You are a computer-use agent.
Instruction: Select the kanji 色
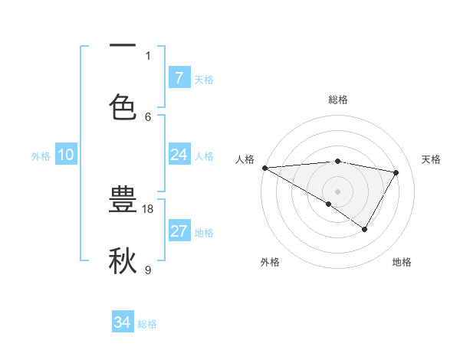(123, 106)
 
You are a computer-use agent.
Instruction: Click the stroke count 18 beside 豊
(149, 208)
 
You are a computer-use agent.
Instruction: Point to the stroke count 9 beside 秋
(148, 270)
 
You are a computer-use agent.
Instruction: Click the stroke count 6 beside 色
(148, 116)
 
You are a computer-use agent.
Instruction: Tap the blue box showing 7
(179, 77)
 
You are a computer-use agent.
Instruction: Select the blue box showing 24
(179, 155)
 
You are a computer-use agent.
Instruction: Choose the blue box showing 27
(179, 231)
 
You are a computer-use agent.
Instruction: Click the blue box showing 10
(66, 155)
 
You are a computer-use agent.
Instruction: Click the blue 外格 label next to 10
(41, 155)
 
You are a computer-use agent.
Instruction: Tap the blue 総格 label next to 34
(147, 324)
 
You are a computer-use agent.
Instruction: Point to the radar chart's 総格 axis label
(337, 100)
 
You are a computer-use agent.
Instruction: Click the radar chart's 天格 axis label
(432, 159)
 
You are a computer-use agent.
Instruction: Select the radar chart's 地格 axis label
(402, 263)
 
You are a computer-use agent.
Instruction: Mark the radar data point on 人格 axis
(264, 168)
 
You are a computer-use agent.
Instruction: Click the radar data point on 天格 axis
(396, 172)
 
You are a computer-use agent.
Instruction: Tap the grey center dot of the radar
(337, 191)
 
